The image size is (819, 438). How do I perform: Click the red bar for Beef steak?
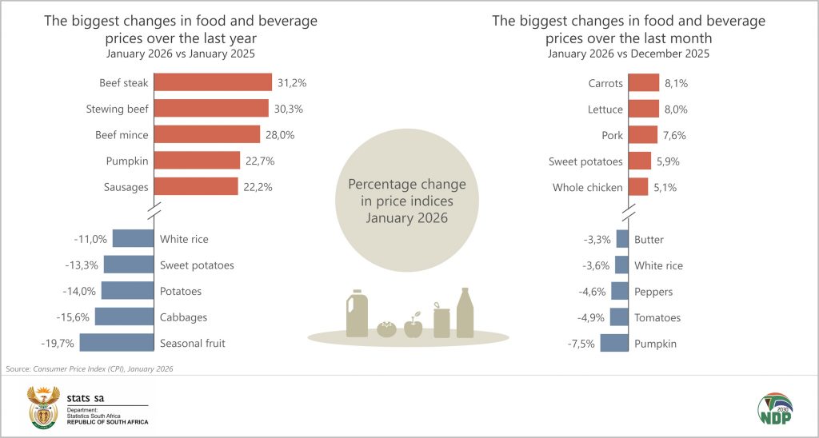[213, 82]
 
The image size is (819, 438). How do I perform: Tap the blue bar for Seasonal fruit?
[117, 343]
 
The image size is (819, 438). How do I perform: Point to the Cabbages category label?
[183, 317]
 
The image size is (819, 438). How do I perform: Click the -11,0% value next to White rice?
[90, 239]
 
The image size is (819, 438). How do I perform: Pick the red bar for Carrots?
[644, 82]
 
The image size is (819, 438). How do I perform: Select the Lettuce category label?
[605, 109]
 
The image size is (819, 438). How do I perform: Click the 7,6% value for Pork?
[673, 135]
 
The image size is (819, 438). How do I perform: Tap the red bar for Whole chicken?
[638, 187]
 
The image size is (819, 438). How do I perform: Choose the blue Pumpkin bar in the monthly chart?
[614, 343]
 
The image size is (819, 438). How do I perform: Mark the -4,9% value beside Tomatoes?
[590, 317]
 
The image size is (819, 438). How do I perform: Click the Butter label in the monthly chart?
[649, 239]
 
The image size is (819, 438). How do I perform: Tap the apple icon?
[413, 326]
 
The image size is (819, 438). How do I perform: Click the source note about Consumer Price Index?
[89, 368]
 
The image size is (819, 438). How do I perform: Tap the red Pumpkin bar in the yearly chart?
[197, 161]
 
